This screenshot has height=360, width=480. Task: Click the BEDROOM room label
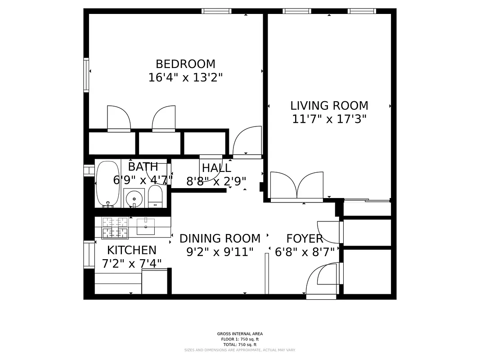pos(185,64)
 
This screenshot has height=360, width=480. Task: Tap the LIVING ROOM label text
pos(329,106)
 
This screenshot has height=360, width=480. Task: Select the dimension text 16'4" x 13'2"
pos(185,78)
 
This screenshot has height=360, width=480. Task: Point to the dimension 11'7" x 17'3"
pos(329,119)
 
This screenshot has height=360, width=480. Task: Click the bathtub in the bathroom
pos(108,184)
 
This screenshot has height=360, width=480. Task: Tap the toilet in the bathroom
pos(155,197)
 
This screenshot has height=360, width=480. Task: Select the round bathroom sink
pos(134,198)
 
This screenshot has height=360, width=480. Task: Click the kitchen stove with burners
pos(115,228)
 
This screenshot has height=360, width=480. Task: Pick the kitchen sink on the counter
pos(145,226)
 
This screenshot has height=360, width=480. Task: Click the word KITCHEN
pos(132,250)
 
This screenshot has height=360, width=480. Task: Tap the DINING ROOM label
pos(220,238)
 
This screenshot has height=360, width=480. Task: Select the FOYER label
pos(305,239)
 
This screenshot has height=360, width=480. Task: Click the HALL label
pos(216,168)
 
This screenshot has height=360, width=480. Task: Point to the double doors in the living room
pos(297,186)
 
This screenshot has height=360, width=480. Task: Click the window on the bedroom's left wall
pos(86,75)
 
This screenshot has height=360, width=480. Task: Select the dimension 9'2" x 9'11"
pos(220,252)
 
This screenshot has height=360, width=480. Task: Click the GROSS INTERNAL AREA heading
pos(240,334)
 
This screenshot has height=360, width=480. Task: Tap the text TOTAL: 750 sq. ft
pos(240,344)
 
